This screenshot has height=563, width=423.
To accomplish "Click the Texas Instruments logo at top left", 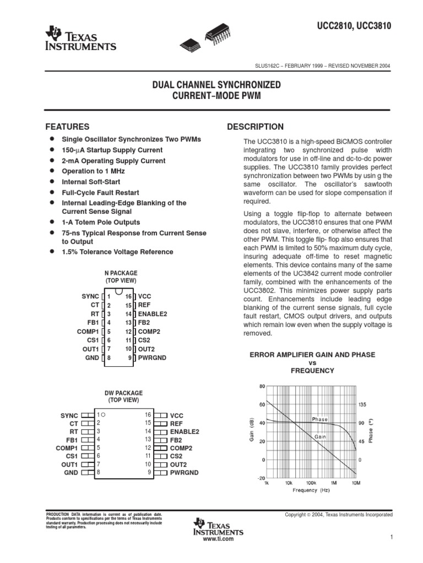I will pos(82,39).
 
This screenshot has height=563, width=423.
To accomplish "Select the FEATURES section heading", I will pos(67,126).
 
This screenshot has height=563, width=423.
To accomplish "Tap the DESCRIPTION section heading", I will pos(256,127).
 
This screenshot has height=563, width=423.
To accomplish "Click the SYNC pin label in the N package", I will pos(90,296).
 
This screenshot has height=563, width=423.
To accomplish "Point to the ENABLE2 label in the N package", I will pos(153,313).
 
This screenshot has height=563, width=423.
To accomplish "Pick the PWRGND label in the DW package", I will pos(184,472).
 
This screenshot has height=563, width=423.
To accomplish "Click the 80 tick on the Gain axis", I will pos(263,386).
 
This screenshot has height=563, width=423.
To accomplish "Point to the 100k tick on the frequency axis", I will pos(311,483).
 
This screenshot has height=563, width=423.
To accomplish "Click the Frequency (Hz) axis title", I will pos(312,490).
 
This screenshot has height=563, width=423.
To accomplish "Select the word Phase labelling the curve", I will pos(319,420).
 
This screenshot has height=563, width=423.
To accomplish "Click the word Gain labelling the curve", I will pos(321,437).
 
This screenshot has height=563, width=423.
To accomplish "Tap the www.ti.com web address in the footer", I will pos(218,539).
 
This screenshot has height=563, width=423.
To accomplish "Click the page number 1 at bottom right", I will pos(390,537).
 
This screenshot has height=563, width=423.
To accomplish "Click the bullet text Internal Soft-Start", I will pos(91,181).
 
